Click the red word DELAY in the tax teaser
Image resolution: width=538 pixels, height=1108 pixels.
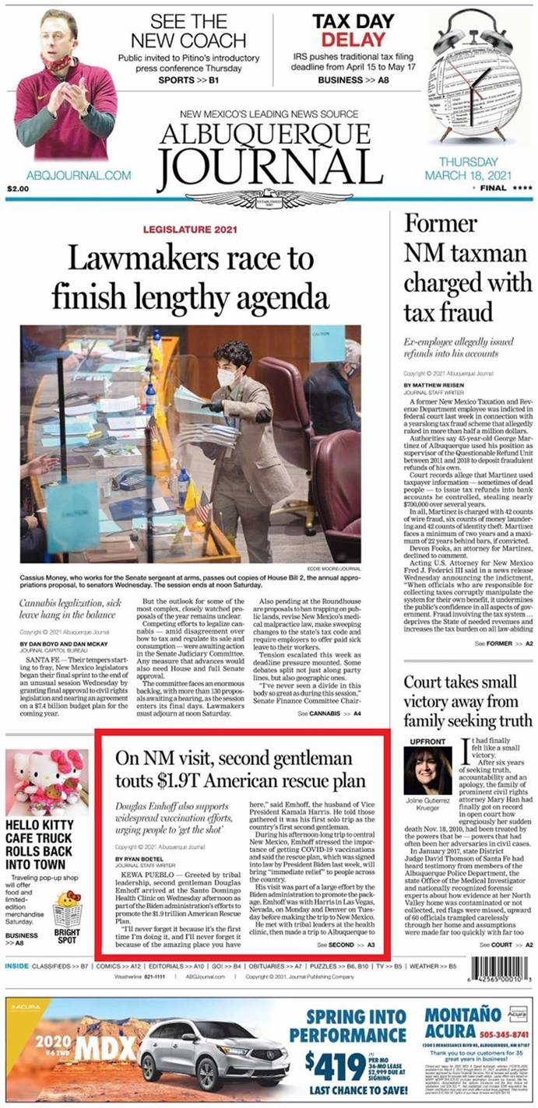[342, 39]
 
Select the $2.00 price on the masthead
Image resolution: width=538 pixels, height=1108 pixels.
[17, 189]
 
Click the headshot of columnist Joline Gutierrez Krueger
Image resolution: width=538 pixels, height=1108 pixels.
[427, 771]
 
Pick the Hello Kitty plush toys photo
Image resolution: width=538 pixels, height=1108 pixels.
[47, 782]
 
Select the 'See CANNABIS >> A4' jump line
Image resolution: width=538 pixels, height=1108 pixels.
[329, 713]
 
